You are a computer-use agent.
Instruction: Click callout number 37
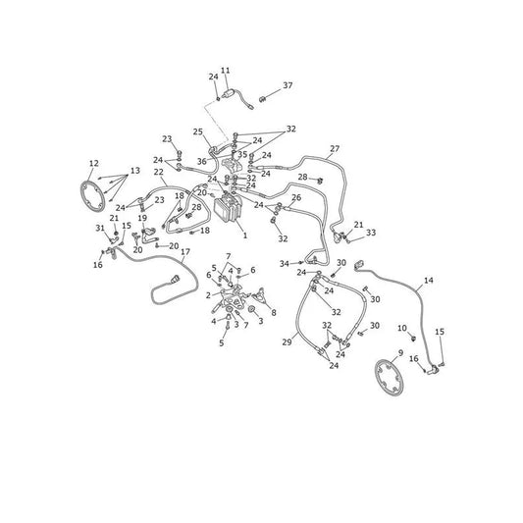coord(288,85)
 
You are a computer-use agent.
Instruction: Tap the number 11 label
coord(225,71)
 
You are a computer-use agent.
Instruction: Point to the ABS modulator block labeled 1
coord(227,208)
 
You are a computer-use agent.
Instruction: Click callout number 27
coord(335,148)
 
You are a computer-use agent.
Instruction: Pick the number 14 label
coord(428,281)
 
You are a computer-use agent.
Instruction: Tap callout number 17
coord(185,251)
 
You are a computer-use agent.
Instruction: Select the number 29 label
coord(287,341)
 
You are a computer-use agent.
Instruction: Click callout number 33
coord(371,233)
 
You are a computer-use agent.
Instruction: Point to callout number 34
coord(285,264)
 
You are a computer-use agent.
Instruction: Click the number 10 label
coord(402,328)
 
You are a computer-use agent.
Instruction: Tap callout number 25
coord(198,131)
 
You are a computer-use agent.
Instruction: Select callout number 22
coord(159,172)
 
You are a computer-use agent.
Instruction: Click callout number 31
coord(100,228)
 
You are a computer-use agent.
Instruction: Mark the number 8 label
coord(274,313)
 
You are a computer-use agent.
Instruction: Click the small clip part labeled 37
coord(263,99)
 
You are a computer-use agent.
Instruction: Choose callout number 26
coord(296,197)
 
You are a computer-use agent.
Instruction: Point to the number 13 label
coord(135,171)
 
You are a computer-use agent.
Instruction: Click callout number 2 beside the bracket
coord(208,295)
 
